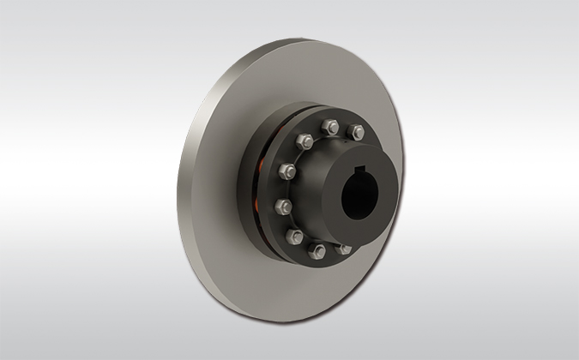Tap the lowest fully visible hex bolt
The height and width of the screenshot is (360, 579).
318,250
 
